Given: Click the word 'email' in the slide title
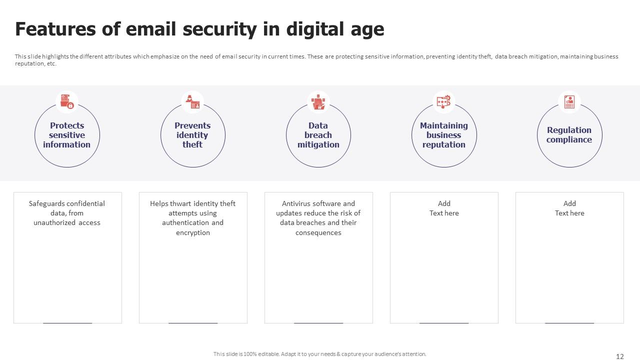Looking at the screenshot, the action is tap(150, 29).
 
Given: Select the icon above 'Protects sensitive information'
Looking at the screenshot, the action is tap(67, 101).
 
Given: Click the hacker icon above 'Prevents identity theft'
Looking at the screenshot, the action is tap(193, 102).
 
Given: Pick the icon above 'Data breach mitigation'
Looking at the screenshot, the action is tap(318, 102).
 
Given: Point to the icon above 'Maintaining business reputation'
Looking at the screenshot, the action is tap(443, 101).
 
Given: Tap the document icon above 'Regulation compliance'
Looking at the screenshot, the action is tap(569, 102).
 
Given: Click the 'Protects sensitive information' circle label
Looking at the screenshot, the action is tap(67, 135).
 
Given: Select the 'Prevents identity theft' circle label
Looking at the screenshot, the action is tap(192, 135).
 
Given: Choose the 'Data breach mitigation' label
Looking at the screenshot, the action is tap(318, 135).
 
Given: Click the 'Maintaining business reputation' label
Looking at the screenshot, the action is tap(443, 135).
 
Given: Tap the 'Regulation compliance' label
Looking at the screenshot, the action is tap(569, 135).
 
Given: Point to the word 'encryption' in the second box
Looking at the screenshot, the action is tap(193, 233).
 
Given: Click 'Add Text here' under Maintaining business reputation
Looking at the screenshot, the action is tap(444, 208).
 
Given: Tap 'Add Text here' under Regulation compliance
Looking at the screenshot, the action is tap(569, 208).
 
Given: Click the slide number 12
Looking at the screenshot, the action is tap(619, 356).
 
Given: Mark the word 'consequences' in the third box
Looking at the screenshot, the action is tap(318, 233).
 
